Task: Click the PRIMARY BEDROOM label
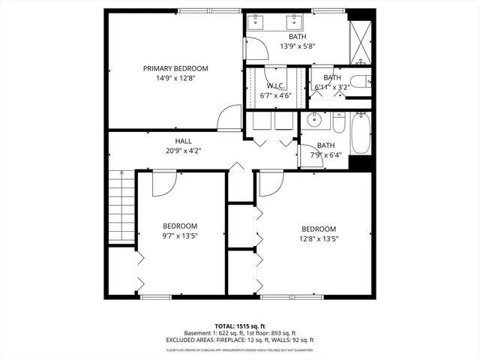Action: point(175,68)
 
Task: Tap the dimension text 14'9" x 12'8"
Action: point(175,77)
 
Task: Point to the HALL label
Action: point(183,141)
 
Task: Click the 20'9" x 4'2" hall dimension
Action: point(183,150)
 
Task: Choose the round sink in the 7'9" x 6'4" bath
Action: point(314,120)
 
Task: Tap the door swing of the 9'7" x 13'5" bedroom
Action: point(163,184)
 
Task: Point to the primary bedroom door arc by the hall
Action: point(227,118)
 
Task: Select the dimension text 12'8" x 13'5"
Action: point(318,240)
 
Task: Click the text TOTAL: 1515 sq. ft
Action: point(239,326)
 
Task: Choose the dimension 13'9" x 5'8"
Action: point(297,46)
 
